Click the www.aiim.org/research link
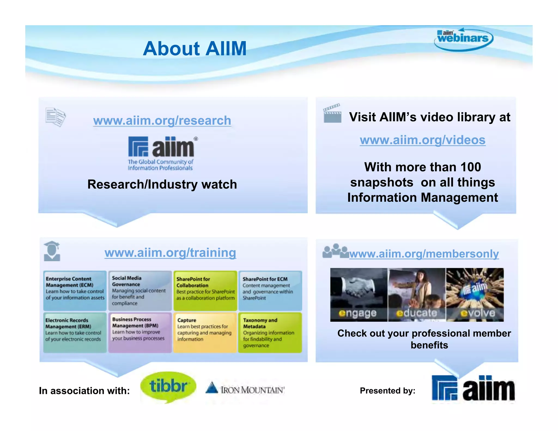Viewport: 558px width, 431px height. pos(162,120)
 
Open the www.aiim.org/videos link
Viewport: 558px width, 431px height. pos(423,140)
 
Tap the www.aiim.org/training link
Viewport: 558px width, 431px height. pos(170,253)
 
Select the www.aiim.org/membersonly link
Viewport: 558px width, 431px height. pos(424,254)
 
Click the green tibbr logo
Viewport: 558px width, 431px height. pos(168,387)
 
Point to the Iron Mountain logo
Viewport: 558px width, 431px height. pos(245,389)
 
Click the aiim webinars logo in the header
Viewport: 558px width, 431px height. pos(463,39)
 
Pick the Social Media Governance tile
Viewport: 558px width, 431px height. pos(140,291)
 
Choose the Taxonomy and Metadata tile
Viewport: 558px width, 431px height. pos(270,333)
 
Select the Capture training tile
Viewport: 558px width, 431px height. pos(205,333)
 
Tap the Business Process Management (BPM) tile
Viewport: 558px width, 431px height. pos(140,333)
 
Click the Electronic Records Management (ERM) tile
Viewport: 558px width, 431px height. pos(75,333)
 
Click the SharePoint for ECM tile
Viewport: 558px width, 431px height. pos(270,291)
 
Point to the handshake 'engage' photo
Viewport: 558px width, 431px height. pos(359,295)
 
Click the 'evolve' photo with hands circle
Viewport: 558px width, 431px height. pos(475,295)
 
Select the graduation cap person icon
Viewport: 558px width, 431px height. pos(52,251)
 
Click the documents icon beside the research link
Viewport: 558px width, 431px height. pos(56,117)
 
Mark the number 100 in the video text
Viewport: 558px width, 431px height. pos(471,167)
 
